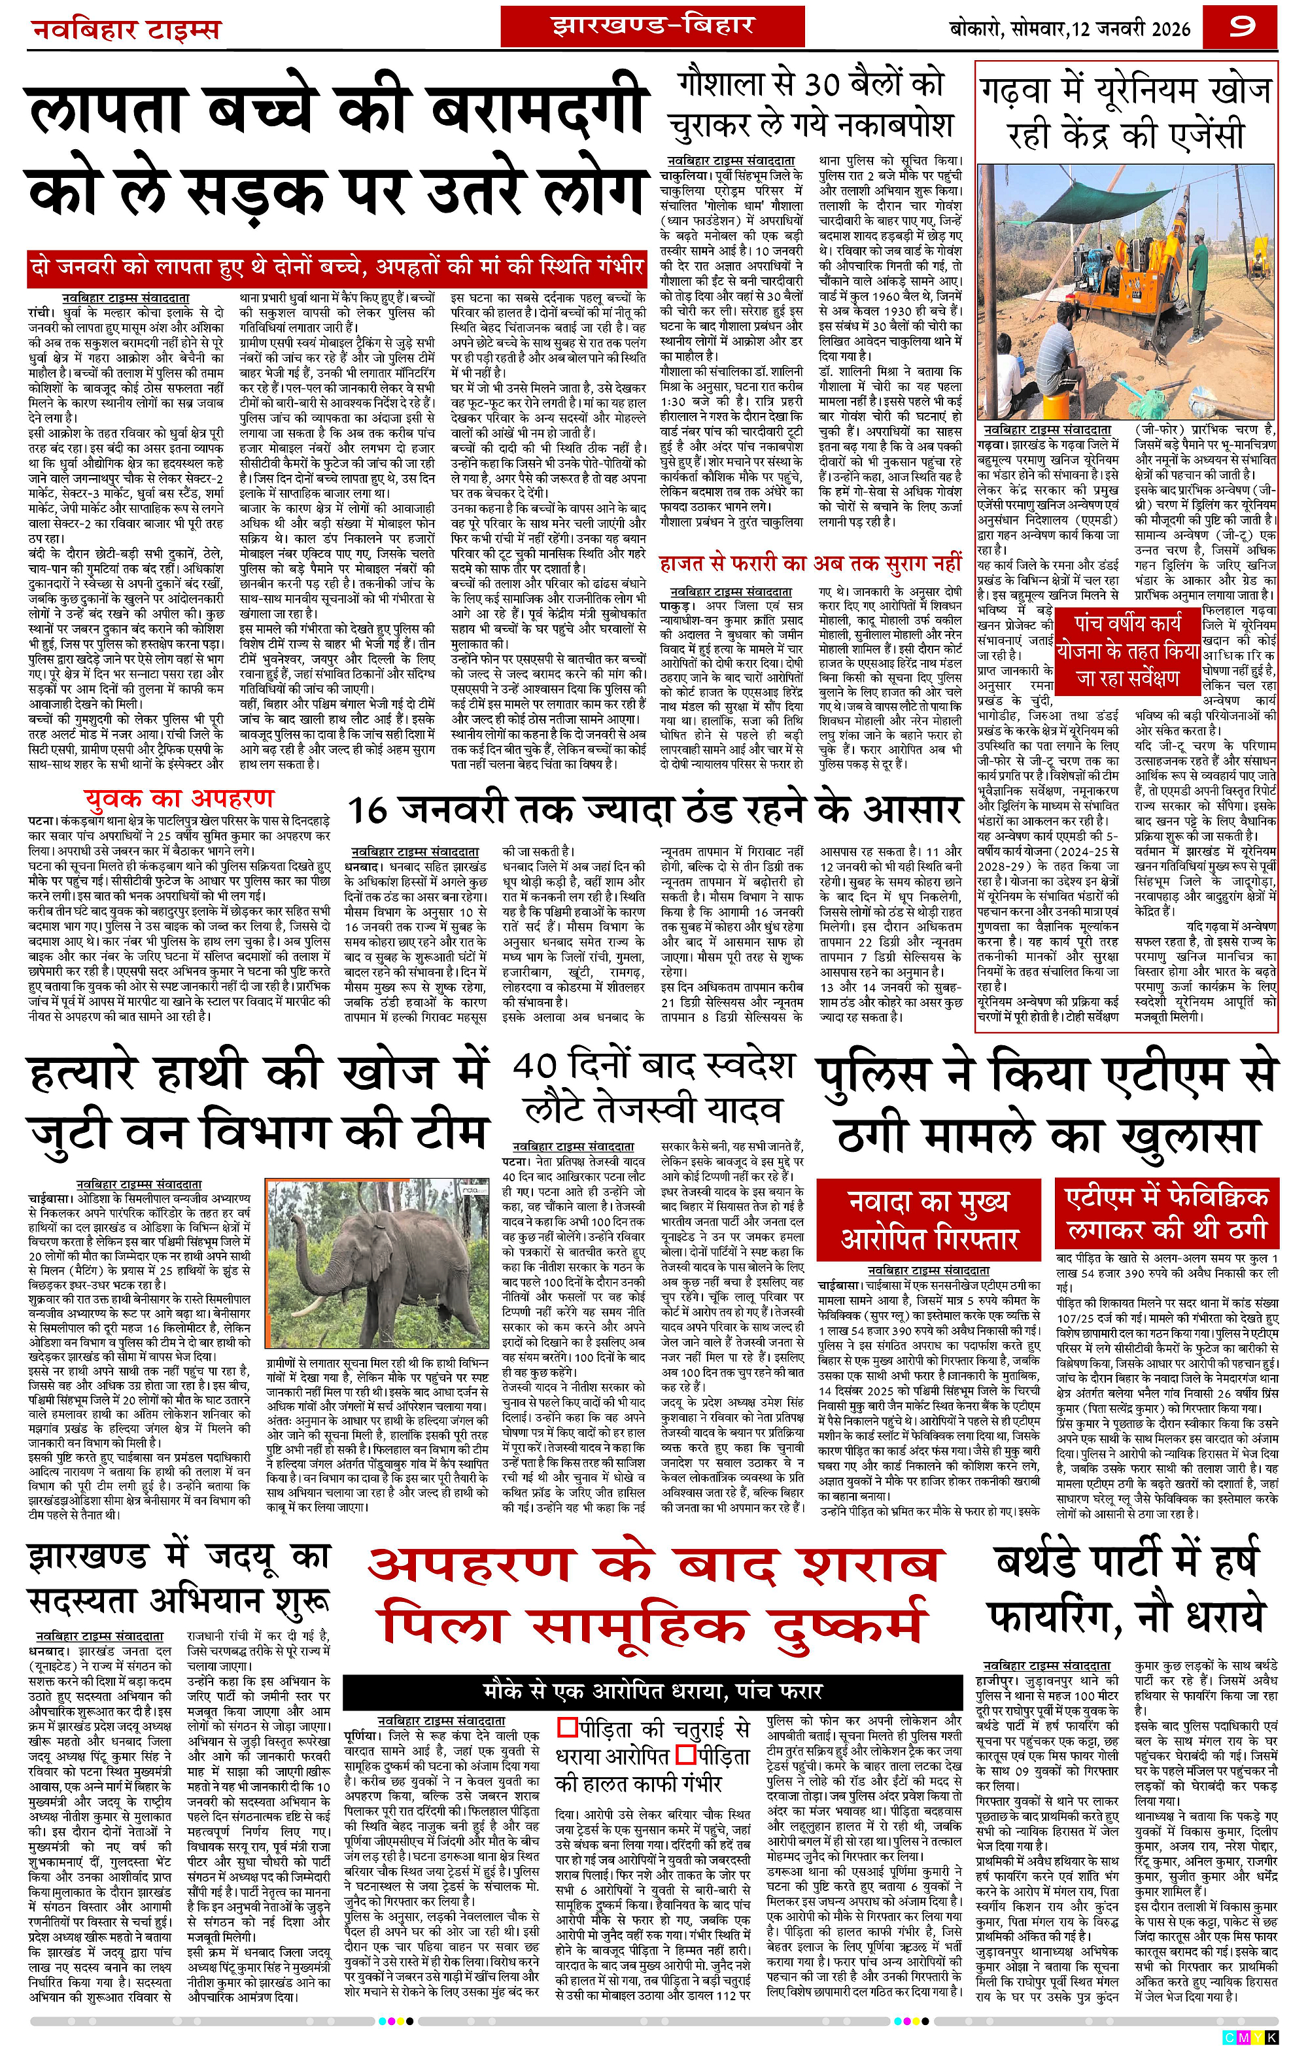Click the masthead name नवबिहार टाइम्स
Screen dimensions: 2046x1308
click(126, 31)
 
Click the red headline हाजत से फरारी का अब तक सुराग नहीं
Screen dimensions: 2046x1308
click(811, 563)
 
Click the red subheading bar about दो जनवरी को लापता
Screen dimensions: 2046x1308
click(337, 267)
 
